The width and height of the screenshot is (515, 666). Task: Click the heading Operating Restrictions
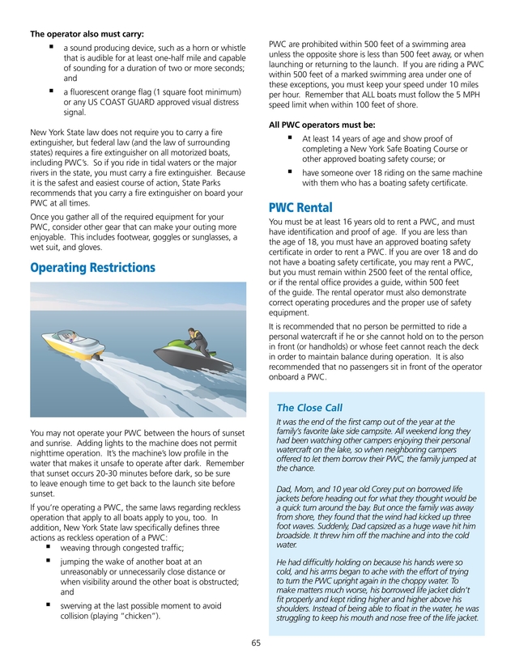coord(92,268)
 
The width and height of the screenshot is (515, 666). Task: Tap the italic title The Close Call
coord(309,407)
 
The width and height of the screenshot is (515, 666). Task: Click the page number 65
coord(256,643)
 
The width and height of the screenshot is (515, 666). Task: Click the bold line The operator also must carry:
coord(87,34)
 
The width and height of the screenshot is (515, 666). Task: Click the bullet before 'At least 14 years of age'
coord(290,138)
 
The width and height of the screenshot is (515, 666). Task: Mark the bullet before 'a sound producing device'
coord(51,46)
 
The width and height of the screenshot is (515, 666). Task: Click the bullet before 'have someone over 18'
coord(290,172)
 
